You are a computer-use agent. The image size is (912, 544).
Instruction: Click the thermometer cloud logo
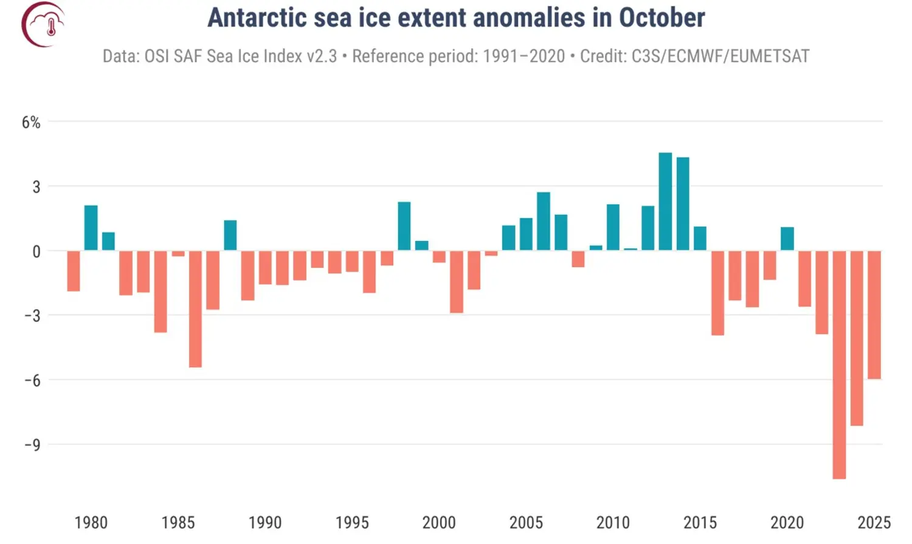(43, 24)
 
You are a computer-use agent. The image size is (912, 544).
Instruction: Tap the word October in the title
(662, 18)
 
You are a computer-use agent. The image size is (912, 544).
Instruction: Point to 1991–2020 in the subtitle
(523, 56)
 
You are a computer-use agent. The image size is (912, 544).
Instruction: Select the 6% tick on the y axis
(31, 122)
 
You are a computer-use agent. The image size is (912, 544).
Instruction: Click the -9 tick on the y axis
(32, 445)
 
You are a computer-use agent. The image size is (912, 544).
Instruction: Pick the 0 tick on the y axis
(36, 251)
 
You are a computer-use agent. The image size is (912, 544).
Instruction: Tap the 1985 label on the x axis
(178, 522)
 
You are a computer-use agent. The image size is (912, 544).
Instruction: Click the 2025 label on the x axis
(874, 522)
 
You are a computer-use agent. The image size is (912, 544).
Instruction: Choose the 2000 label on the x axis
(439, 522)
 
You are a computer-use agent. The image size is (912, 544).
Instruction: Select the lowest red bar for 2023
(839, 365)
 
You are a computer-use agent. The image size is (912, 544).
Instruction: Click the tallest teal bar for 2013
(665, 201)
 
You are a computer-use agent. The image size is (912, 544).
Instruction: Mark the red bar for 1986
(195, 309)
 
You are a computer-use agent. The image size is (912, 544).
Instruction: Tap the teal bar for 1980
(91, 228)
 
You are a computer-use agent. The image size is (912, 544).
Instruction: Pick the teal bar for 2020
(787, 239)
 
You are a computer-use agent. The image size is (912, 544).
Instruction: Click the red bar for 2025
(874, 315)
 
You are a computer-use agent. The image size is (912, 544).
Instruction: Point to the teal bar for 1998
(404, 226)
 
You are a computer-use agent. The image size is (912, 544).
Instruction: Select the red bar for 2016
(717, 293)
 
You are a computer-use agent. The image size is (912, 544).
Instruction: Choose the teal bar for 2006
(543, 221)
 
